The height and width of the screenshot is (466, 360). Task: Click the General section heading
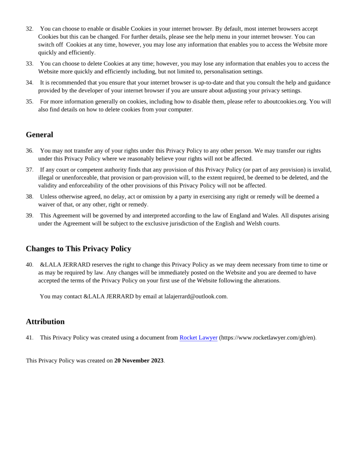(x=40, y=135)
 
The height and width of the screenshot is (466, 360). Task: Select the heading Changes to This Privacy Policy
(x=78, y=249)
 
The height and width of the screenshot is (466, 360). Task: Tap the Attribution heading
(x=45, y=322)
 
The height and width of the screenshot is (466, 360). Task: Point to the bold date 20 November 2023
(x=139, y=361)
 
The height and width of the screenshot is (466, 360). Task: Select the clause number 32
(x=29, y=29)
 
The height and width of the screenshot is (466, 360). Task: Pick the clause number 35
(x=29, y=102)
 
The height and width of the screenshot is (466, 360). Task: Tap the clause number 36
(x=29, y=151)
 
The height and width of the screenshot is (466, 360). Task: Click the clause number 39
(x=29, y=216)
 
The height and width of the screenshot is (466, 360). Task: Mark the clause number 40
(x=29, y=265)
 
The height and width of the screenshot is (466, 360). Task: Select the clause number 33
(x=29, y=64)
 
